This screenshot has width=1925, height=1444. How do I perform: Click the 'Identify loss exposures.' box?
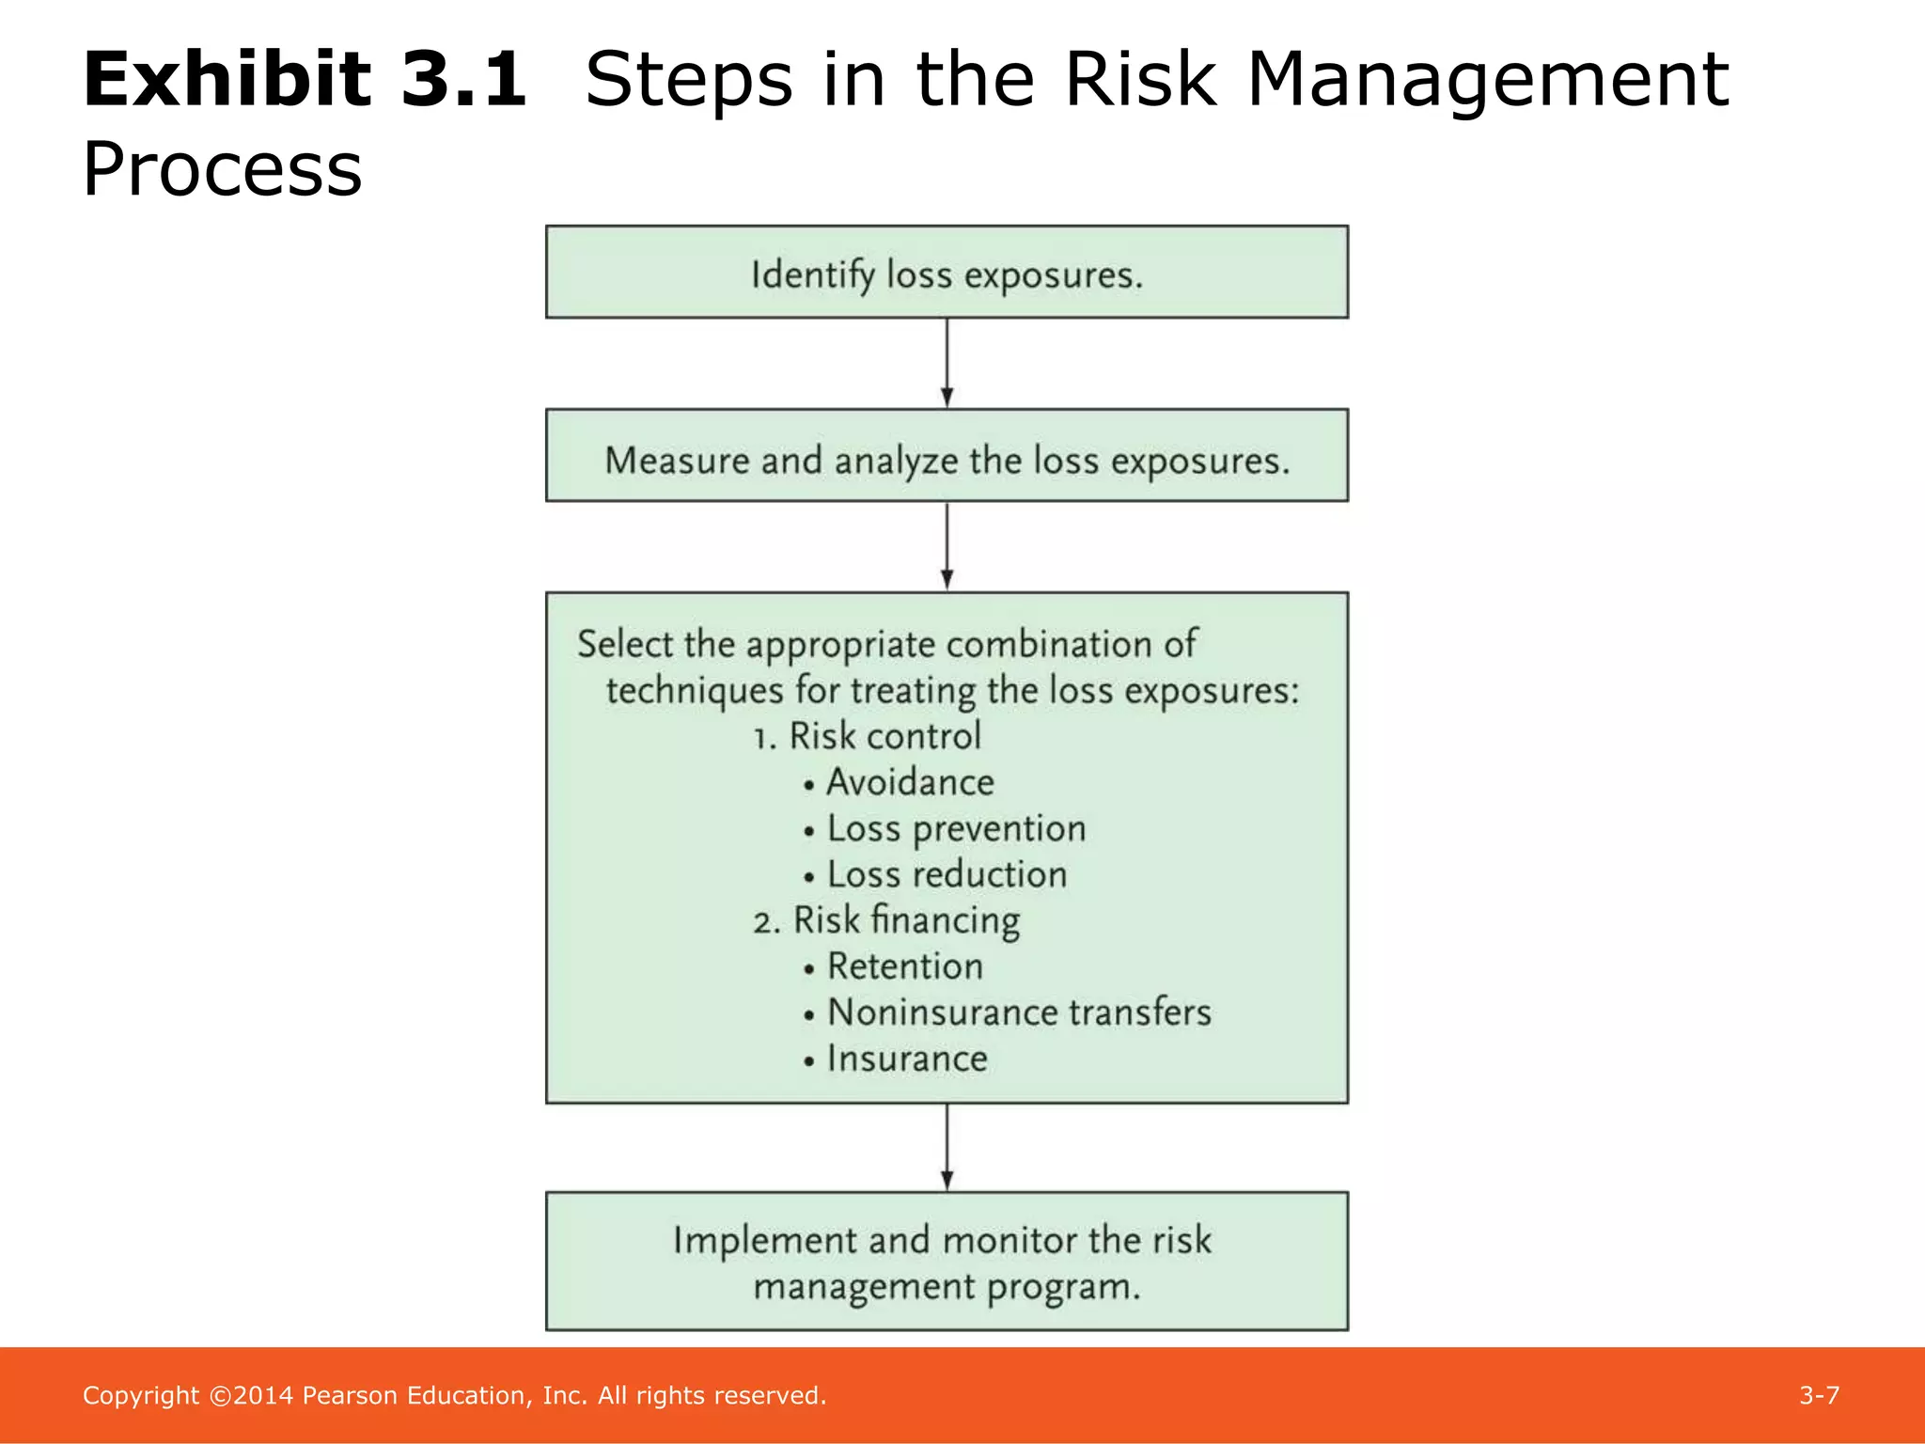coord(947,274)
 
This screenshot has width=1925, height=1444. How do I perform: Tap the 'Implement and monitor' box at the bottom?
coord(947,1262)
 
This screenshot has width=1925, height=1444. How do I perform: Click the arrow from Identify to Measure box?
coord(947,363)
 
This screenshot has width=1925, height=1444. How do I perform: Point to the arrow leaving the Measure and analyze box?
coord(947,546)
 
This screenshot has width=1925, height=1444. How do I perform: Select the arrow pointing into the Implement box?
coord(947,1147)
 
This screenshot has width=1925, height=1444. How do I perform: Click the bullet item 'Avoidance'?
coord(909,782)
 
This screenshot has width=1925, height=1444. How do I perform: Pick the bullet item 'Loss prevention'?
coord(955,828)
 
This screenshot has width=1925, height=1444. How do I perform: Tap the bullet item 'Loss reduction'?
coord(946,874)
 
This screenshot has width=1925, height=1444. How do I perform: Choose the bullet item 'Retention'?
coord(904,966)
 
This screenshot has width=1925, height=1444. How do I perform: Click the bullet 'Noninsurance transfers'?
coord(1018,1012)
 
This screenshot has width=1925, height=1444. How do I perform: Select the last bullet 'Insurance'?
coord(906,1059)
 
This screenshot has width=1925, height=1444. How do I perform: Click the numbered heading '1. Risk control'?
coord(867,736)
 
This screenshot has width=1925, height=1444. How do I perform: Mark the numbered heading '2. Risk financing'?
coord(885,920)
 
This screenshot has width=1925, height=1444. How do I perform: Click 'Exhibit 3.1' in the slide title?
coord(304,80)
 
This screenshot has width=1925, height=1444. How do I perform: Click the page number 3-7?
coord(1819,1395)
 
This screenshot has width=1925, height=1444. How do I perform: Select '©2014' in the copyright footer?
coord(251,1395)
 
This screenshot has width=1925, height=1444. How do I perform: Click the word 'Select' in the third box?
coord(625,644)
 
